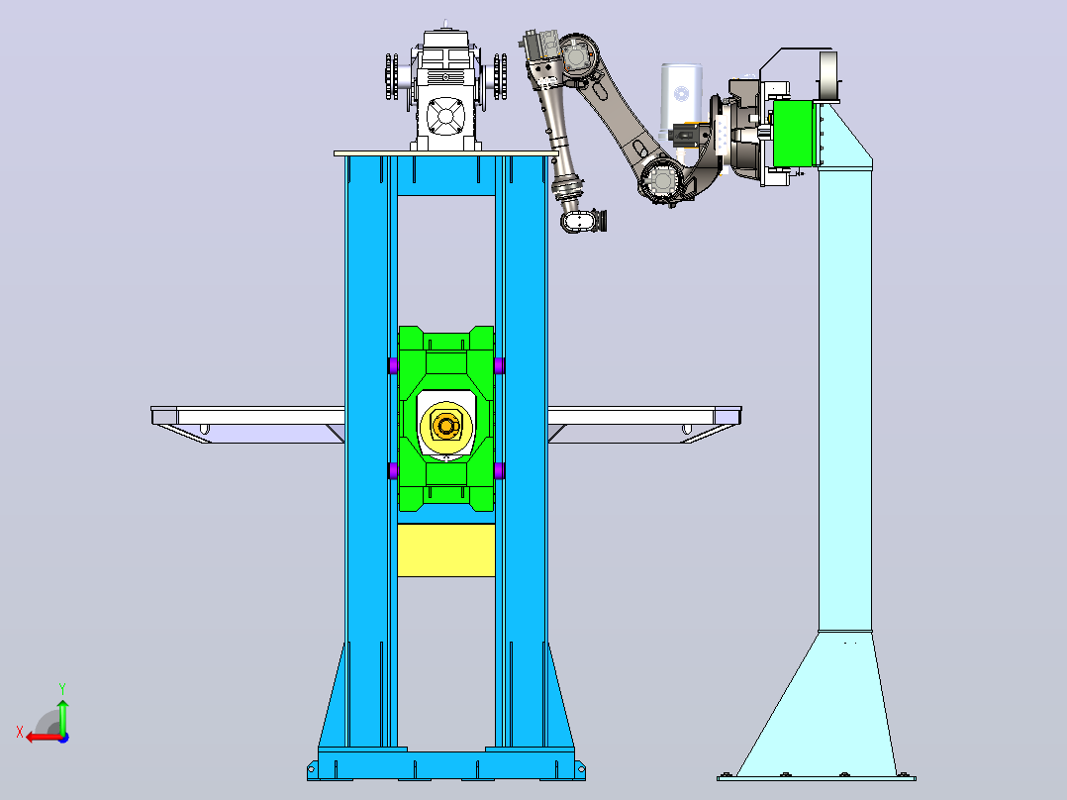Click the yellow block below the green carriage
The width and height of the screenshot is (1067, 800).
click(445, 550)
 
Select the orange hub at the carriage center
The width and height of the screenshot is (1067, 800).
click(446, 426)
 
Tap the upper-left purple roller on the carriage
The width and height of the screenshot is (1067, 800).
click(393, 365)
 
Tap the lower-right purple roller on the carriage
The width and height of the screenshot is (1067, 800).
click(500, 470)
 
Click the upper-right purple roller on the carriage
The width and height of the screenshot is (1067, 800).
click(500, 365)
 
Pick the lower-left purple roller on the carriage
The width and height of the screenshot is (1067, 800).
click(393, 470)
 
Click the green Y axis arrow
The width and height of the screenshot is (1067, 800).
click(62, 715)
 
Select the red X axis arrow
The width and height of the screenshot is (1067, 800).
click(45, 737)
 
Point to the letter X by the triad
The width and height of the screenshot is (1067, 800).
click(20, 733)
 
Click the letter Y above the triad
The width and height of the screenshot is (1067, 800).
click(62, 688)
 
